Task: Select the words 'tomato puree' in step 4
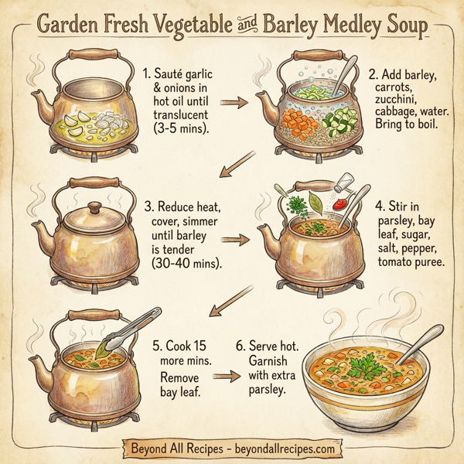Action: point(411,263)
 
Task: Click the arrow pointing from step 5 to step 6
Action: point(224,376)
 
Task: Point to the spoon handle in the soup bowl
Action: point(418,337)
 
